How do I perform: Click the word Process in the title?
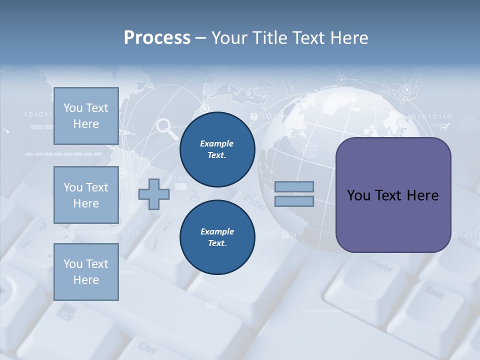point(157,37)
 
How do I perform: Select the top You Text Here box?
point(86,116)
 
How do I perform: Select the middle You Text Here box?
point(86,195)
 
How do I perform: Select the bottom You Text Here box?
point(86,271)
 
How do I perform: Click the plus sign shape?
point(153,194)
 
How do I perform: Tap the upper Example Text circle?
point(217,149)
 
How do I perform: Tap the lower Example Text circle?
point(217,237)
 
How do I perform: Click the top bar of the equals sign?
point(294,186)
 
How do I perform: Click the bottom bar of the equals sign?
point(294,201)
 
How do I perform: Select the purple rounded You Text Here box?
point(393,195)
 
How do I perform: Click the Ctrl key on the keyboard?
point(148,346)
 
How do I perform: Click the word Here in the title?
point(349,37)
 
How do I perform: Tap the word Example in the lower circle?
point(217,231)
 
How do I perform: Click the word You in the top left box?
point(73,108)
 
